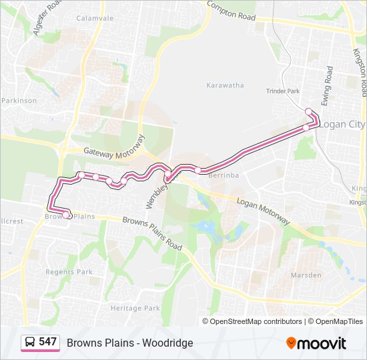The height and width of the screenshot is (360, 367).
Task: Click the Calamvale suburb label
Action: [x=95, y=18]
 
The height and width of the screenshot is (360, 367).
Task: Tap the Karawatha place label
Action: [x=225, y=85]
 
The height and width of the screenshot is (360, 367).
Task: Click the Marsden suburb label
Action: [x=306, y=275]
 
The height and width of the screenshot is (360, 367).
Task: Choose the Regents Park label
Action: [x=69, y=272]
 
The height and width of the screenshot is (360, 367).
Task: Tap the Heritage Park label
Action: [x=135, y=308]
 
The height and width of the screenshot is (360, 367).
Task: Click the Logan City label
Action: [x=342, y=125]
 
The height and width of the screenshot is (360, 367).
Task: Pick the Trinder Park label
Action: [x=284, y=91]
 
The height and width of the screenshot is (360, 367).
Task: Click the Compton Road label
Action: [x=232, y=11]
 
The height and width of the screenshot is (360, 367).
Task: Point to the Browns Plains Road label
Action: [x=153, y=233]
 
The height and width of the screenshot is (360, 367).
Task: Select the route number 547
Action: [x=47, y=342]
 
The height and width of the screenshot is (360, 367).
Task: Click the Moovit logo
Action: [x=316, y=343]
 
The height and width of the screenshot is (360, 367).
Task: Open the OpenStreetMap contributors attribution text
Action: [x=256, y=321]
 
